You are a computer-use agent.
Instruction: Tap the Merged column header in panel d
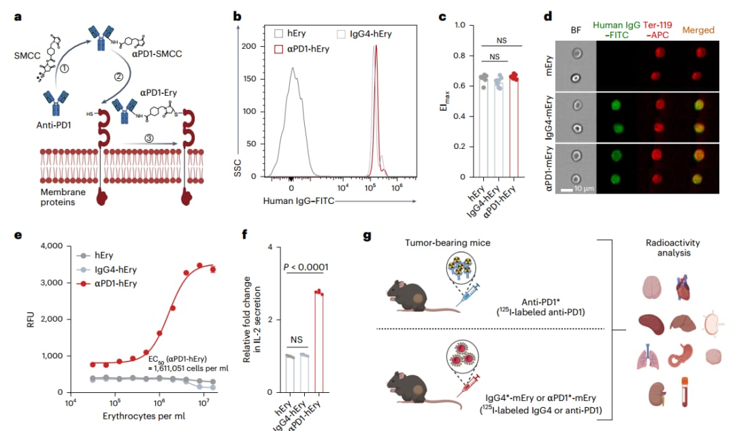pos(698,30)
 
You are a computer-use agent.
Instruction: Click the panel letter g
pos(367,236)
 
